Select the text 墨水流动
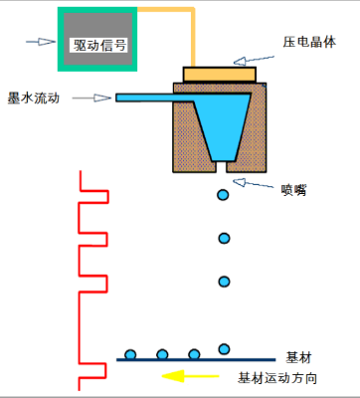click(x=34, y=98)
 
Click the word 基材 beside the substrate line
click(x=300, y=356)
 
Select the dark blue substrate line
click(x=199, y=359)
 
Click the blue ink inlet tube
click(x=149, y=97)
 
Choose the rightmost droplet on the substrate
click(x=224, y=348)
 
